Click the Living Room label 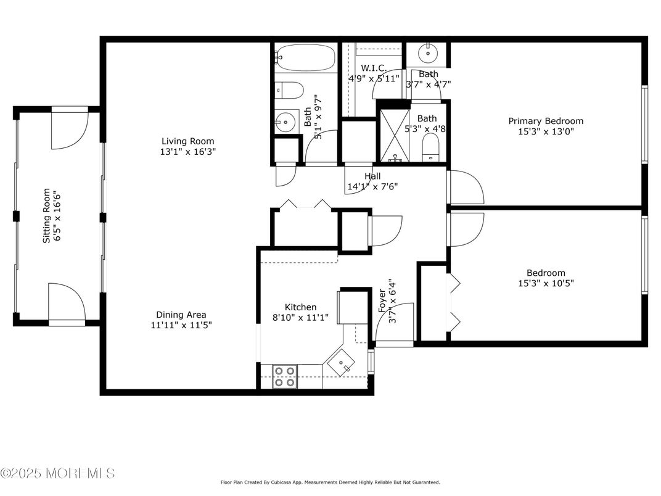pos(189,140)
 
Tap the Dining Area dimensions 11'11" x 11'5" pos(181,324)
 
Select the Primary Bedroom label pos(545,121)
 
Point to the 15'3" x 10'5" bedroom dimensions pos(545,283)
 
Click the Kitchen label pos(300,307)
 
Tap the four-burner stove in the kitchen pos(284,376)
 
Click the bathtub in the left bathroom pos(305,59)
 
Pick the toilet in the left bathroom pos(289,90)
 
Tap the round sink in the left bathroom pos(285,122)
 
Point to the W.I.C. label pos(373,68)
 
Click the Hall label pos(372,176)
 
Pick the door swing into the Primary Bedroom pos(467,188)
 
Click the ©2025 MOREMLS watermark pos(57,473)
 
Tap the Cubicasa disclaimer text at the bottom pos(330,482)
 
